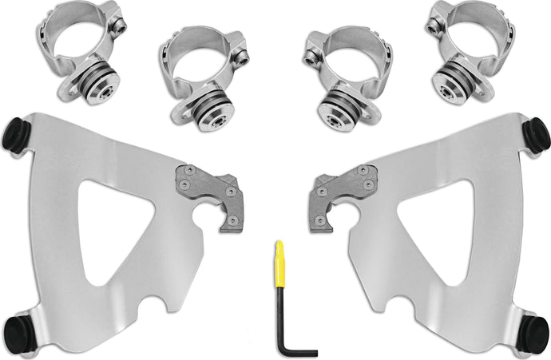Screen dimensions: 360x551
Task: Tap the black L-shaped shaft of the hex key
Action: pos(284,319)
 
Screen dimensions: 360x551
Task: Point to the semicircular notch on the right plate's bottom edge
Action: pos(383,305)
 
